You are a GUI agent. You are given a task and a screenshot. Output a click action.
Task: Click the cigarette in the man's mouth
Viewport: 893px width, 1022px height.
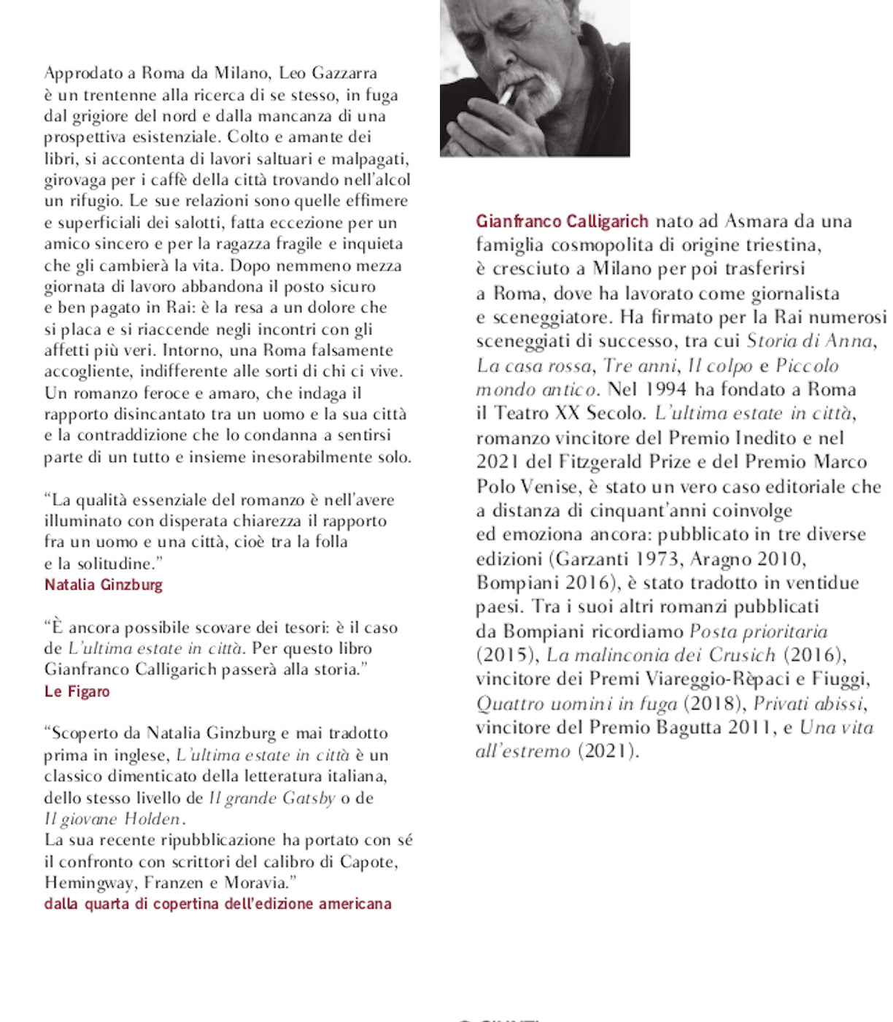[506, 96]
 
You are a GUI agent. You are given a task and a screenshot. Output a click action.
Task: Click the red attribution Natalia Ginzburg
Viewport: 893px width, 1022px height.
[104, 585]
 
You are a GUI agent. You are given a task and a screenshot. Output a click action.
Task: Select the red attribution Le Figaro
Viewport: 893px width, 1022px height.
[77, 691]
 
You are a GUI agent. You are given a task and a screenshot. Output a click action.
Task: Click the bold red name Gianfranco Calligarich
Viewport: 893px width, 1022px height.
[562, 221]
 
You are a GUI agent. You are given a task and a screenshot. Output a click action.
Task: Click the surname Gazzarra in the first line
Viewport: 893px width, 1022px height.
[344, 73]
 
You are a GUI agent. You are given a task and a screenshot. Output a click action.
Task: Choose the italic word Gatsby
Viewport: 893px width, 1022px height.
[309, 798]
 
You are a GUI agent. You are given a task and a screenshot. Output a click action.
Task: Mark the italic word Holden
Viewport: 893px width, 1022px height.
[151, 819]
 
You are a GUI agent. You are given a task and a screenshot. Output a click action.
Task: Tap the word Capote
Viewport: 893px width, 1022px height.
[369, 861]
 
